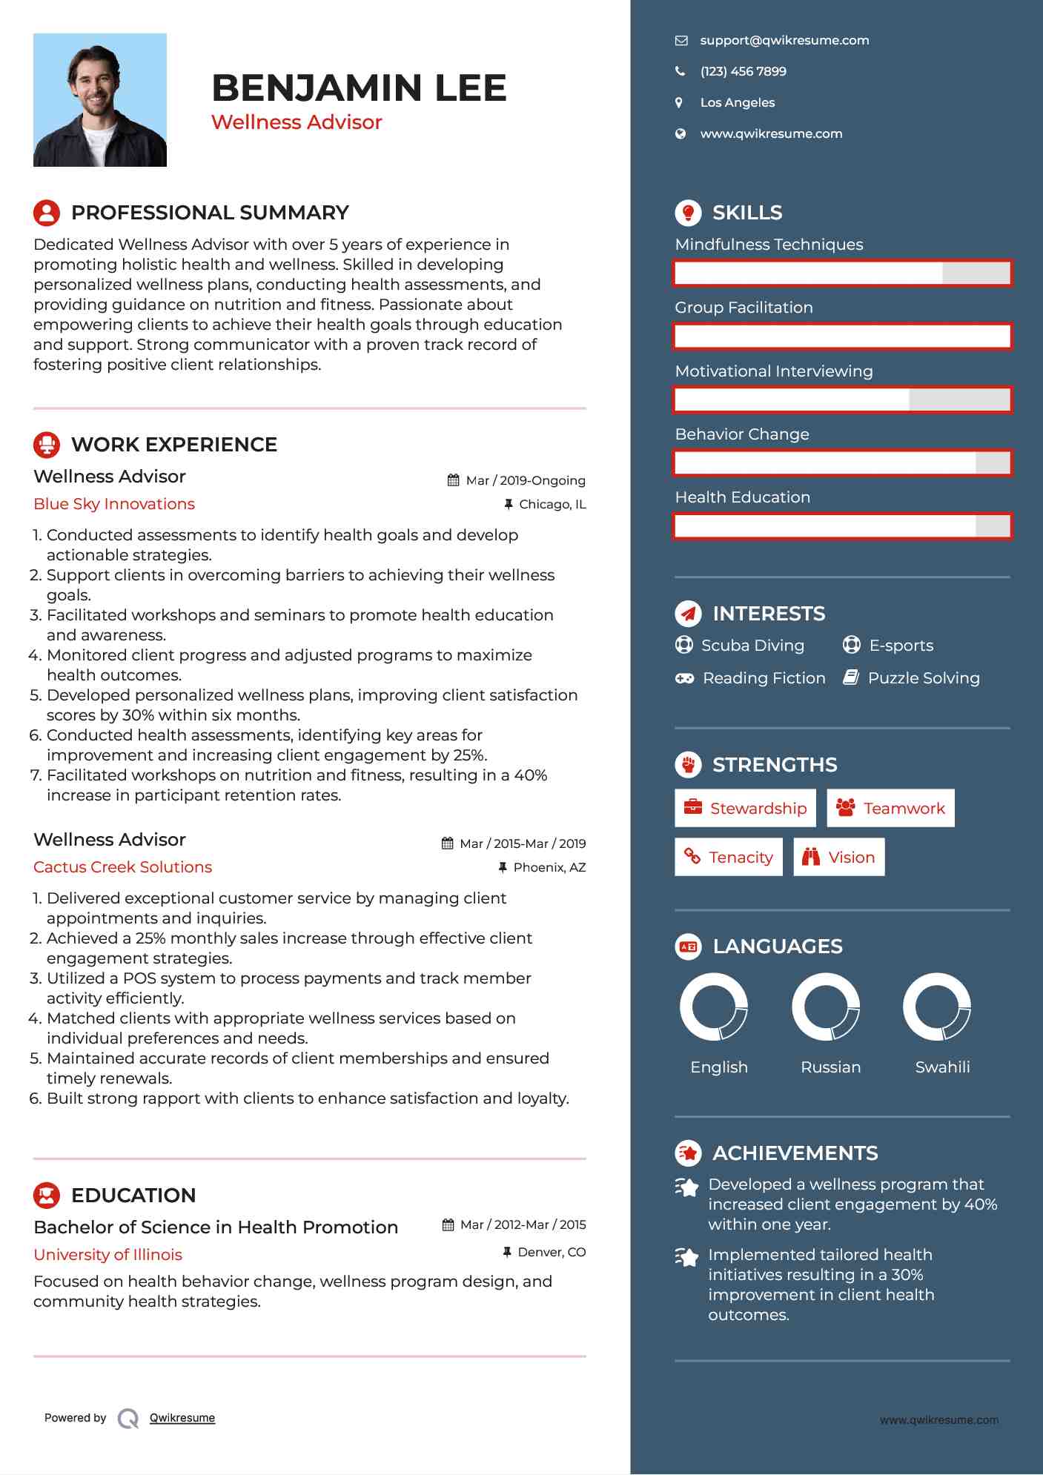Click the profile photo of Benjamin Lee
[100, 100]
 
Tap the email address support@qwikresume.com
[784, 41]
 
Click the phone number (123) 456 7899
[743, 72]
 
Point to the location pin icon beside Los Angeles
[679, 103]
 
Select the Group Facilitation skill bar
[842, 337]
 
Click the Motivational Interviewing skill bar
[842, 400]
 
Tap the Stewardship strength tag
[745, 809]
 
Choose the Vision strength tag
[839, 858]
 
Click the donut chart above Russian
[826, 1007]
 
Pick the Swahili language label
[942, 1067]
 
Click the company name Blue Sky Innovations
[114, 504]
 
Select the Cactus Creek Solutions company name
[123, 867]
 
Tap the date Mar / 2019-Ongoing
[525, 481]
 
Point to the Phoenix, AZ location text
[549, 868]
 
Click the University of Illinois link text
[108, 1255]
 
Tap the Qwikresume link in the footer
[182, 1418]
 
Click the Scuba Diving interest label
[752, 646]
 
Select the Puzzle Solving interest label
[924, 678]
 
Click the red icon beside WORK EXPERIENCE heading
[47, 445]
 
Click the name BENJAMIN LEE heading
[359, 88]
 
